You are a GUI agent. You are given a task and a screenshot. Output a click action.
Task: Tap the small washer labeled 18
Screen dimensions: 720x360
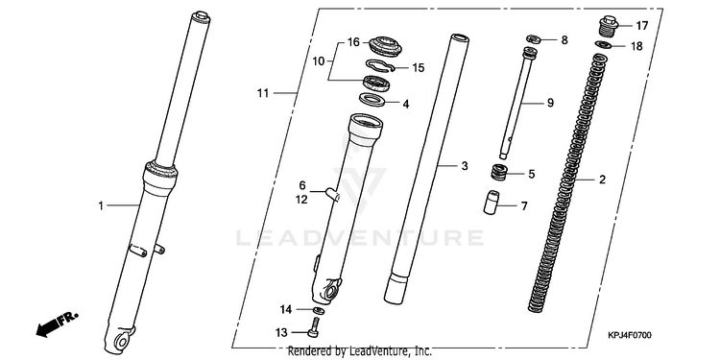click(605, 45)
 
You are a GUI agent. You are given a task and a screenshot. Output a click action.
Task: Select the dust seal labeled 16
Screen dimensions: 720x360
click(385, 46)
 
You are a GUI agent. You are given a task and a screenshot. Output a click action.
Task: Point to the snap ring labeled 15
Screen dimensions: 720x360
click(381, 67)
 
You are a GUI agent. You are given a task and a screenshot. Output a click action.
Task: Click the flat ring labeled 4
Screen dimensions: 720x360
click(372, 99)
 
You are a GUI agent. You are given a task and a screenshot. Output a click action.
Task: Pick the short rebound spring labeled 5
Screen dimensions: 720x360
click(499, 173)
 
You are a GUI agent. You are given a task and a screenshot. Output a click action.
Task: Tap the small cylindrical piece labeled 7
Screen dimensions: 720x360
click(492, 202)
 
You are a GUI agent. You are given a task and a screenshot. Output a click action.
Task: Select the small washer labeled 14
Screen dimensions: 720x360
click(319, 311)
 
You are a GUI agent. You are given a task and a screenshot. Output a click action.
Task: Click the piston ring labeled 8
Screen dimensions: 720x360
click(534, 38)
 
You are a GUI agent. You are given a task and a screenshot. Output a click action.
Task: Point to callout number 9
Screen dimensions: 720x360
click(550, 104)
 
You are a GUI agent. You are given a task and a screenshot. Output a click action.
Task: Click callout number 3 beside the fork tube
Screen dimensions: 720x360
click(465, 166)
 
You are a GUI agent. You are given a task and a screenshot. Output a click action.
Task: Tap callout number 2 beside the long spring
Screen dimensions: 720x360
click(602, 180)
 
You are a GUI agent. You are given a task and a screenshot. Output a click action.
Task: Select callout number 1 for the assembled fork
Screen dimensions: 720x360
click(101, 205)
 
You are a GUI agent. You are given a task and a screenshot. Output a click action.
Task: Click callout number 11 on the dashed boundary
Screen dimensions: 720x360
click(263, 93)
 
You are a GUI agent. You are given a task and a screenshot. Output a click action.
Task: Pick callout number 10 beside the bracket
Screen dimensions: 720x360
click(319, 61)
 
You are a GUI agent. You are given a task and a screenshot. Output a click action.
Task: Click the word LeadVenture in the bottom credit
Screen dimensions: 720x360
click(378, 351)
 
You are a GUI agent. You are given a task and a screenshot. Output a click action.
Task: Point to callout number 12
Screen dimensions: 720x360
click(301, 200)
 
